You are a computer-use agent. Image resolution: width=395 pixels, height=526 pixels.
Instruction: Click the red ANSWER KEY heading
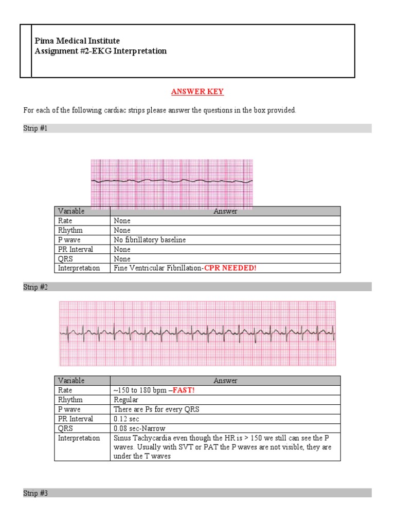tap(197, 92)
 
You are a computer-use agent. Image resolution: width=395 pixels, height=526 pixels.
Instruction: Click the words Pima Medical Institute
tap(77, 41)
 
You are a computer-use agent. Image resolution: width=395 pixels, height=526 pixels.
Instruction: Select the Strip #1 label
tap(35, 128)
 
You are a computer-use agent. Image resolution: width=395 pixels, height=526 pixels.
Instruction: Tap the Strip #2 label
tap(35, 287)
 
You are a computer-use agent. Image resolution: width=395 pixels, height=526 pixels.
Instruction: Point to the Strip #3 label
tap(35, 493)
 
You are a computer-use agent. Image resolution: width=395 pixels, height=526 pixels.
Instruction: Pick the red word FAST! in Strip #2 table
tap(184, 390)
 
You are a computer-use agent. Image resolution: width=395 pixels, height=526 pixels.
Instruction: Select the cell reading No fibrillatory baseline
tap(150, 240)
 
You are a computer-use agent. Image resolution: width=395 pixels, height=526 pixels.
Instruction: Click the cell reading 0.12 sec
tap(125, 419)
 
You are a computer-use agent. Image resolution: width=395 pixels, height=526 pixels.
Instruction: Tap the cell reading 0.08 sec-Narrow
tap(139, 428)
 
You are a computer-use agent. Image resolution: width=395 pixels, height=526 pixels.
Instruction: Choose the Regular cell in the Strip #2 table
tap(126, 400)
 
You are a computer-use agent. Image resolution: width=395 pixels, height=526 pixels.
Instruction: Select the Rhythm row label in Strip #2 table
tap(70, 400)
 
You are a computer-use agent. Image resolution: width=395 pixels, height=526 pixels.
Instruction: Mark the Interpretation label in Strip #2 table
tap(79, 438)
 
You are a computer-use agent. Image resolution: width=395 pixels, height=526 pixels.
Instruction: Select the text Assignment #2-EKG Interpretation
tap(100, 51)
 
